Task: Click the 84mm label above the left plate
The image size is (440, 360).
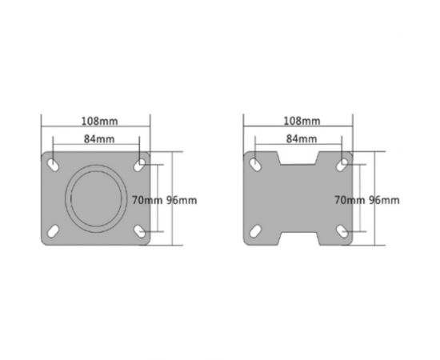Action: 97,138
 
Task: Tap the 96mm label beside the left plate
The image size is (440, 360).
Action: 181,199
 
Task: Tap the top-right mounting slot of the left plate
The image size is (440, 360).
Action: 141,163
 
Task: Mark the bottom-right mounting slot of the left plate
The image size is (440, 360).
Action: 141,232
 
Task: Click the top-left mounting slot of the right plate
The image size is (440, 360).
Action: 254,163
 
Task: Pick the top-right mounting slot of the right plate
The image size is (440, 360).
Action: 344,163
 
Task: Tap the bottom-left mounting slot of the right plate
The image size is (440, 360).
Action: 254,232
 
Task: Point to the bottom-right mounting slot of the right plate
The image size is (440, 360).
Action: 344,232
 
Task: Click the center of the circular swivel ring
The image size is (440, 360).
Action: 96,198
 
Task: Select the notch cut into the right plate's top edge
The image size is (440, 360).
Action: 299,158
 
